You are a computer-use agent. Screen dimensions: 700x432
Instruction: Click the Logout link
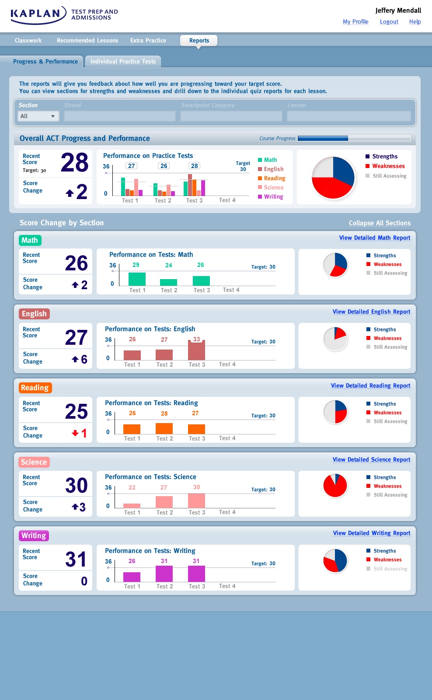pyautogui.click(x=389, y=22)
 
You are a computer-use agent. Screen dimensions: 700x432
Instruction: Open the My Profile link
pyautogui.click(x=355, y=22)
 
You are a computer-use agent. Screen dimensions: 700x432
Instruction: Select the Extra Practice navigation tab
pyautogui.click(x=148, y=41)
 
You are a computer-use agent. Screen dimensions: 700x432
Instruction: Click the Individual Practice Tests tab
pyautogui.click(x=123, y=62)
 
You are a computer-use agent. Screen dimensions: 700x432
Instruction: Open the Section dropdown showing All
pyautogui.click(x=38, y=116)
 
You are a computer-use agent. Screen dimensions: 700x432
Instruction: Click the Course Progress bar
pyautogui.click(x=354, y=138)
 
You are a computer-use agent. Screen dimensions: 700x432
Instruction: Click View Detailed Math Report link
pyautogui.click(x=374, y=238)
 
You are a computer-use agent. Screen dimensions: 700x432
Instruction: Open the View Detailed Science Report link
pyautogui.click(x=371, y=460)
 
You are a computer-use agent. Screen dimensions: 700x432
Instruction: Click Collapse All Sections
pyautogui.click(x=380, y=223)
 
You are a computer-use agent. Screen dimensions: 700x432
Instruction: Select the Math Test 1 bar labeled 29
pyautogui.click(x=137, y=279)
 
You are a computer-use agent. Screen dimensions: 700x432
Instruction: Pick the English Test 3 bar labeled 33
pyautogui.click(x=196, y=350)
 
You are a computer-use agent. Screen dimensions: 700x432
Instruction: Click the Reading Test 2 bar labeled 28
pyautogui.click(x=164, y=428)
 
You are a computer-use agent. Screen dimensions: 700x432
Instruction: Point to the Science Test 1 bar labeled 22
pyautogui.click(x=132, y=505)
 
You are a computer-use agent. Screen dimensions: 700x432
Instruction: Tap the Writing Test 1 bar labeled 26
pyautogui.click(x=132, y=577)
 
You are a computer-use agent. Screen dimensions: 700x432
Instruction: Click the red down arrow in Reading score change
pyautogui.click(x=75, y=433)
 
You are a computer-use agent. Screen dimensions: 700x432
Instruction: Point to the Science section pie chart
pyautogui.click(x=335, y=486)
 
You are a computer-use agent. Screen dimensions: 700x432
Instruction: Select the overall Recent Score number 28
pyautogui.click(x=74, y=163)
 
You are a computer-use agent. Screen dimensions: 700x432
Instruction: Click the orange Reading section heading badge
pyautogui.click(x=35, y=388)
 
